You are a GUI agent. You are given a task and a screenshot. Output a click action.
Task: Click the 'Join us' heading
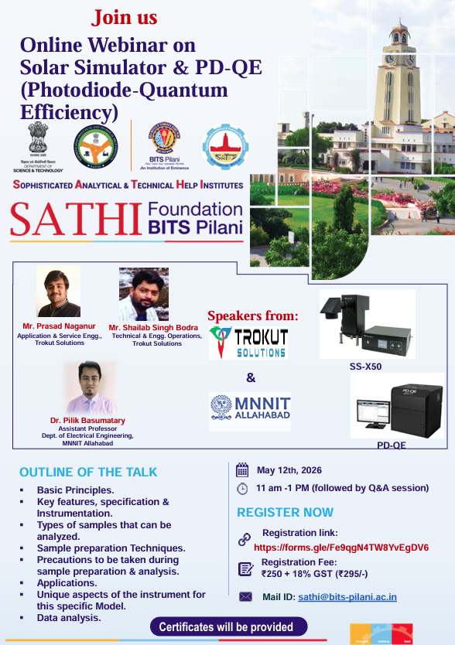[125, 17]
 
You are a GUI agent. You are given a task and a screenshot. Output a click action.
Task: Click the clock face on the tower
[399, 59]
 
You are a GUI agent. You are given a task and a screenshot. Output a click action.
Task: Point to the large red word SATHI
[75, 219]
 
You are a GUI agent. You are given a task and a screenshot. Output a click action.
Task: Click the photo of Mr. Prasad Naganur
[58, 292]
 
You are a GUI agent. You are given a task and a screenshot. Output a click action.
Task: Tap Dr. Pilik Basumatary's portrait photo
[91, 387]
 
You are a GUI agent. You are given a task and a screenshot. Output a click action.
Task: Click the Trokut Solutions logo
[249, 341]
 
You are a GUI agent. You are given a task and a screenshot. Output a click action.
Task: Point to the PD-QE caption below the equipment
[391, 445]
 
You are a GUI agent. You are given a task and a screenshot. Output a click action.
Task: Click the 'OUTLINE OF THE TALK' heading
[88, 472]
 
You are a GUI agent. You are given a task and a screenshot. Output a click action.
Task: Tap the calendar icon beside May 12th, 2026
[242, 470]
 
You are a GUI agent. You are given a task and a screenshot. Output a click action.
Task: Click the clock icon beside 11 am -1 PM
[242, 488]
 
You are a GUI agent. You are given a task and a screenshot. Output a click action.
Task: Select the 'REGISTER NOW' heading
[286, 512]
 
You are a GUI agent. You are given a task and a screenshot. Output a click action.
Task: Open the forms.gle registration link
[341, 548]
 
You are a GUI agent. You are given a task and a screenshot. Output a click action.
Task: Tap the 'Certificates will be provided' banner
[226, 626]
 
